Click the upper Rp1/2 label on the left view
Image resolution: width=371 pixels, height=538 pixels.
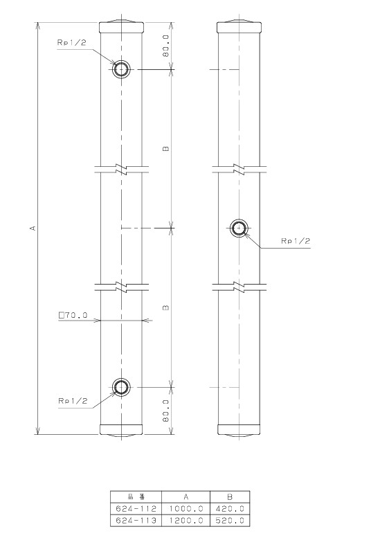coord(72,42)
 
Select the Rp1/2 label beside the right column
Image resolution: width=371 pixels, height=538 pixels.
coord(296,241)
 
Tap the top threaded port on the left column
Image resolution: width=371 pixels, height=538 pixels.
coord(121,70)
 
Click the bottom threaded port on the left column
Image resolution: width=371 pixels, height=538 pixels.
coord(121,387)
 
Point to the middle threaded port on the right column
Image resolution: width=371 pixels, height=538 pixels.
coord(239,228)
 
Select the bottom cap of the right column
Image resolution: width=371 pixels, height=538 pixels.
coord(239,430)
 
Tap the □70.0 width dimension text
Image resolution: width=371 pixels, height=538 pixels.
coord(73,315)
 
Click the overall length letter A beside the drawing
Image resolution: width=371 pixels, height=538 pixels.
coord(34,228)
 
